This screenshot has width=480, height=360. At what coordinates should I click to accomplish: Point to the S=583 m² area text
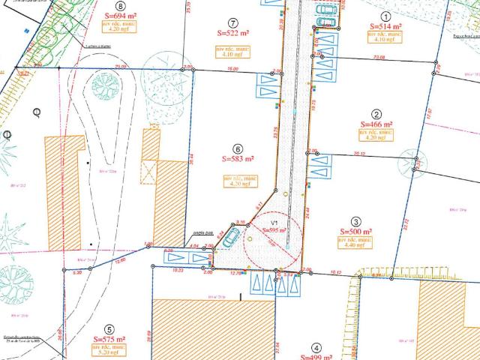pos(238,159)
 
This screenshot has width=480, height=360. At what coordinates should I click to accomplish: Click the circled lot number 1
pos(386,16)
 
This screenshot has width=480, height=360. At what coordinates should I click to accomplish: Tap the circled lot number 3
pos(356,222)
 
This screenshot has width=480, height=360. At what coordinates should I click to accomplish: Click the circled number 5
pos(109,329)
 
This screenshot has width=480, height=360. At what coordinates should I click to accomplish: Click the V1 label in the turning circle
pos(275,223)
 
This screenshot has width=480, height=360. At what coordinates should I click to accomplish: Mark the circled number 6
pos(238,148)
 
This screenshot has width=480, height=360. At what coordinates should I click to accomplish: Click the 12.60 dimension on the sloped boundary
pos(120,259)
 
